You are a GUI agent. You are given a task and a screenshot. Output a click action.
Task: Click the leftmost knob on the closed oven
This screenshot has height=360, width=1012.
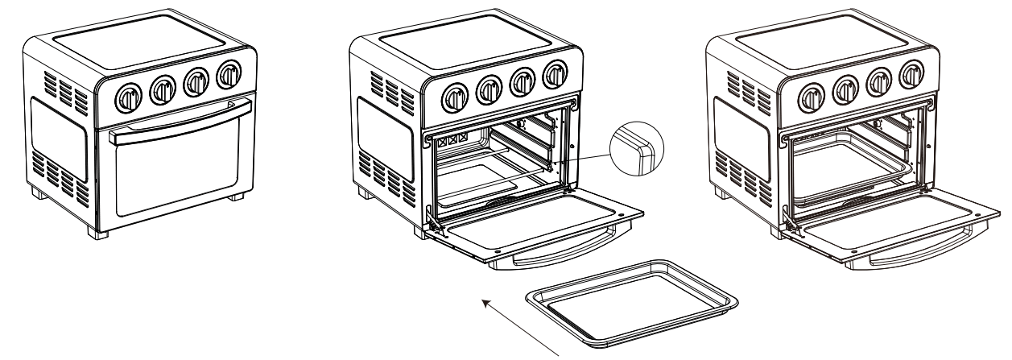click(x=128, y=98)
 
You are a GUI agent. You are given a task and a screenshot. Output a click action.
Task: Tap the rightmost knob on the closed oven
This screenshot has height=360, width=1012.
click(x=229, y=75)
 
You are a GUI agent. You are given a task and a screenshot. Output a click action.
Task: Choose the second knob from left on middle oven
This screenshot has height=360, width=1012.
click(x=488, y=89)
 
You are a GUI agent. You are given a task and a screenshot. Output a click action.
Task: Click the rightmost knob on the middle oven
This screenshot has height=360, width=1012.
click(x=554, y=75)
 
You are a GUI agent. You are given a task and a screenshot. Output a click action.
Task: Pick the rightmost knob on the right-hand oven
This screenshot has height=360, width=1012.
click(x=911, y=75)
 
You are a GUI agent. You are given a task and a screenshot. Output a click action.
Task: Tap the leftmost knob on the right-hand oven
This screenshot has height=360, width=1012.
click(x=809, y=98)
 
